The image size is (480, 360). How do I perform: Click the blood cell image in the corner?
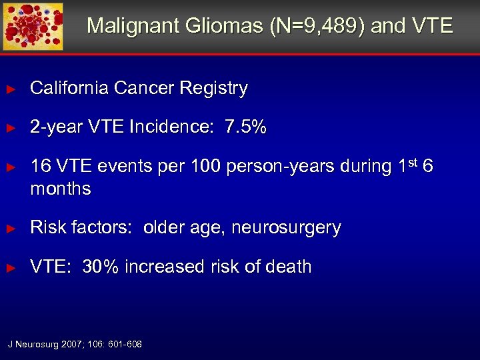(x=33, y=26)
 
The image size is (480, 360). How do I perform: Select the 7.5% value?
(x=245, y=127)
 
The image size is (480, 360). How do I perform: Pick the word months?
(x=61, y=189)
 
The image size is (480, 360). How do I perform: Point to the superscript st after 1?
(x=411, y=161)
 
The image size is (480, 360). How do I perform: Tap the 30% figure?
(x=101, y=267)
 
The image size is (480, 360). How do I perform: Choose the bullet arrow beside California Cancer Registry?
(x=10, y=89)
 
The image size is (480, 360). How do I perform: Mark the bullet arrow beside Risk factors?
(x=10, y=229)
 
